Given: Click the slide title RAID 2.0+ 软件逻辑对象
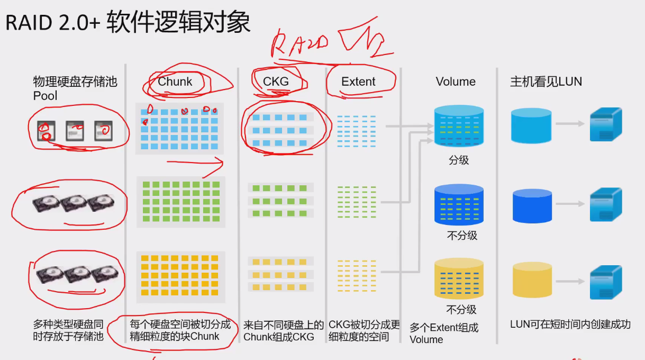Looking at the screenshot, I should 128,23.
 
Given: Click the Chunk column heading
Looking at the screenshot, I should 175,82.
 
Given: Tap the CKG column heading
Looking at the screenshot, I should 276,82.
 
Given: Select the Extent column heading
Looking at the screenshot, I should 358,82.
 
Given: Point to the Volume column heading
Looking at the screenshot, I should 456,82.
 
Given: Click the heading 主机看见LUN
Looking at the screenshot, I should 546,82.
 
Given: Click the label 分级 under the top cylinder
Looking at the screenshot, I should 459,159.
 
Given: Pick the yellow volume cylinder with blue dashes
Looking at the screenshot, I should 459,278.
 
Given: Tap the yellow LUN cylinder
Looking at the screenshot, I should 532,280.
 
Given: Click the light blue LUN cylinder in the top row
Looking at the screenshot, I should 531,125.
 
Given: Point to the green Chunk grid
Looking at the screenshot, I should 180,202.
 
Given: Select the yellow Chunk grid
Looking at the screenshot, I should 180,275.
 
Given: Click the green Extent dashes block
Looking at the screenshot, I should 357,201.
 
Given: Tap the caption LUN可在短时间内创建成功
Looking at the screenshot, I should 570,325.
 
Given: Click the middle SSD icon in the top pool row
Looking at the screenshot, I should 75,131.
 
